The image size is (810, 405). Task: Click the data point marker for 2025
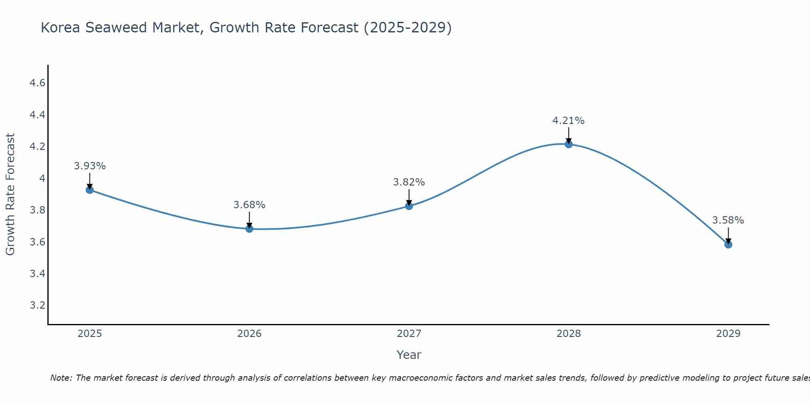pyautogui.click(x=90, y=190)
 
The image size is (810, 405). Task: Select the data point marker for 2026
pyautogui.click(x=249, y=229)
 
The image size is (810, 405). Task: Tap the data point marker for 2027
pyautogui.click(x=409, y=206)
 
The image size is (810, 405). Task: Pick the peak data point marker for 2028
pyautogui.click(x=568, y=144)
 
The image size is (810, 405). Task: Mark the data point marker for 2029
pyautogui.click(x=728, y=245)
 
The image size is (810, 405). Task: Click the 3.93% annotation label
pyautogui.click(x=90, y=166)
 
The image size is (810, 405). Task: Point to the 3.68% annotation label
pyautogui.click(x=249, y=205)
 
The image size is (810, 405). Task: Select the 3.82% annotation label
pyautogui.click(x=409, y=182)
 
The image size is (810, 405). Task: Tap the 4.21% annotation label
pyautogui.click(x=568, y=121)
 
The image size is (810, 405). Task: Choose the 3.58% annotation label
pyautogui.click(x=728, y=220)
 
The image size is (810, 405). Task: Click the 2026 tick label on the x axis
pyautogui.click(x=249, y=334)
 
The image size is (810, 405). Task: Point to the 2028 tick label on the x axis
pyautogui.click(x=568, y=334)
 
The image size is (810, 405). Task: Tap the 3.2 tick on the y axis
pyautogui.click(x=37, y=305)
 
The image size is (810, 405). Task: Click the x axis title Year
pyautogui.click(x=409, y=355)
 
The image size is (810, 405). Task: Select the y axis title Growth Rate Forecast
pyautogui.click(x=10, y=194)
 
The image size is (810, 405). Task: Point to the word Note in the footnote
pyautogui.click(x=61, y=378)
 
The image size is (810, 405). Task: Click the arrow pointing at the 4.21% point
pyautogui.click(x=568, y=136)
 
